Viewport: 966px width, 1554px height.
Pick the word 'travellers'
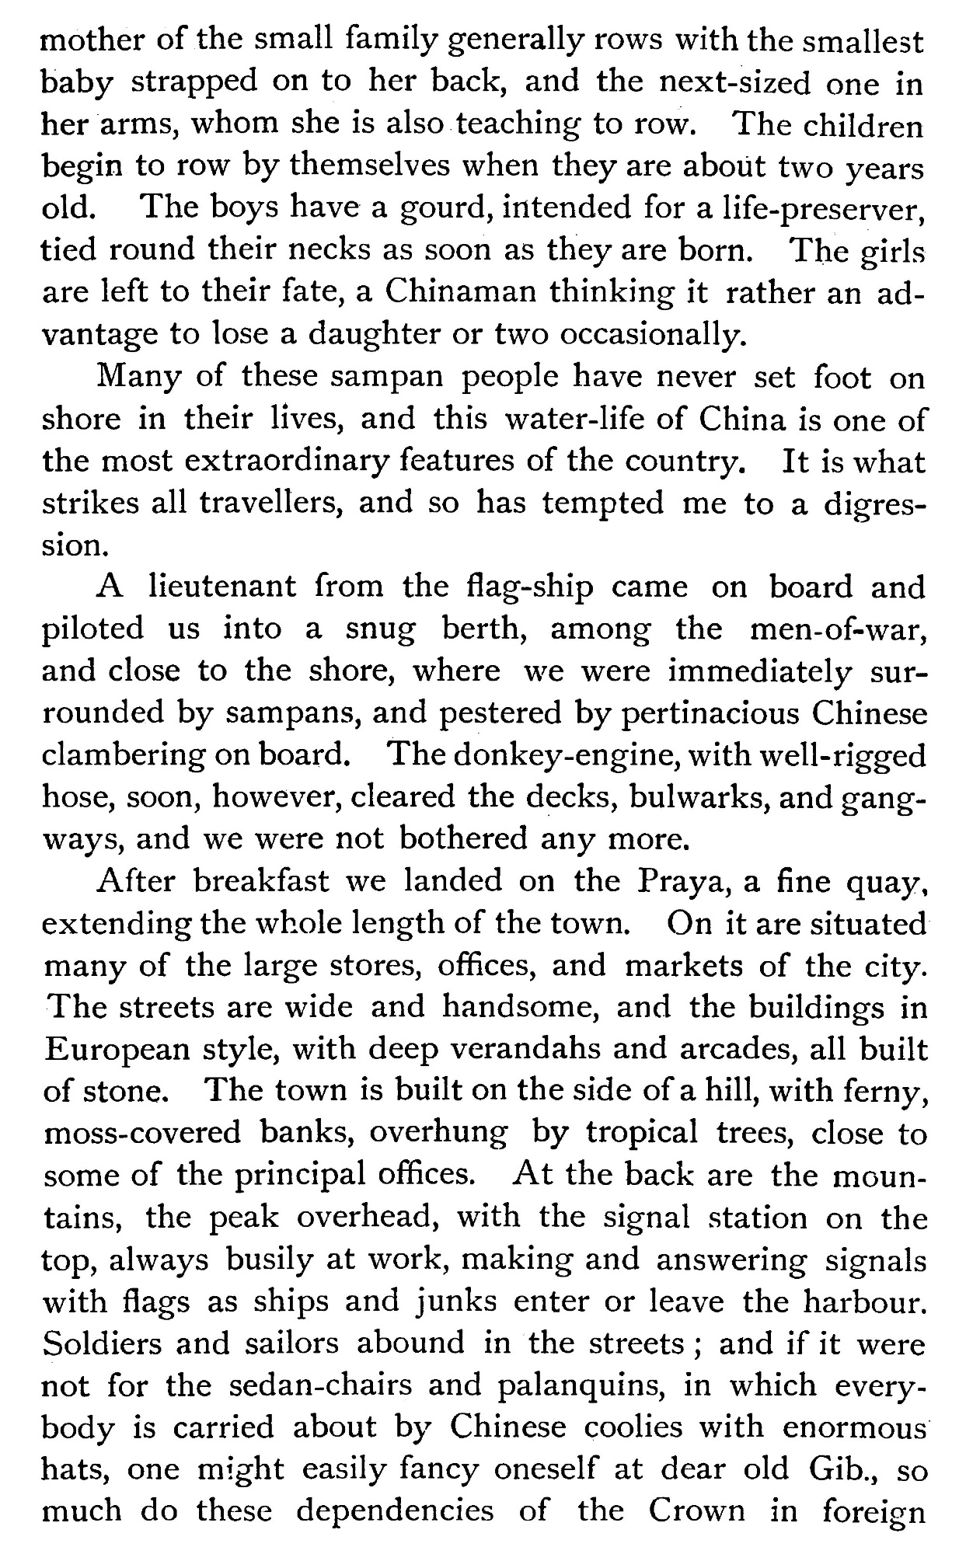coord(270,503)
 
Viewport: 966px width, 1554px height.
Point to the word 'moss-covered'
coord(143,1132)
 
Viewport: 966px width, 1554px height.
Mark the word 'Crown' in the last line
coord(696,1510)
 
